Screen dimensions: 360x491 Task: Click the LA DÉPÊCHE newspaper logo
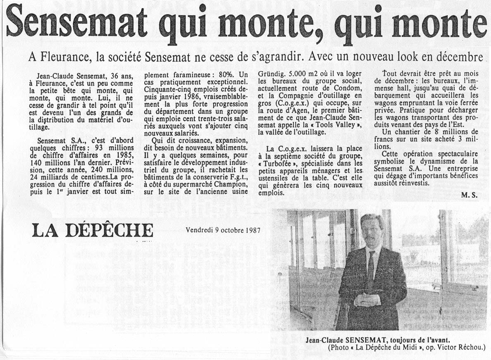92,230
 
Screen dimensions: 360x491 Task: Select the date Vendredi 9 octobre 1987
223,230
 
